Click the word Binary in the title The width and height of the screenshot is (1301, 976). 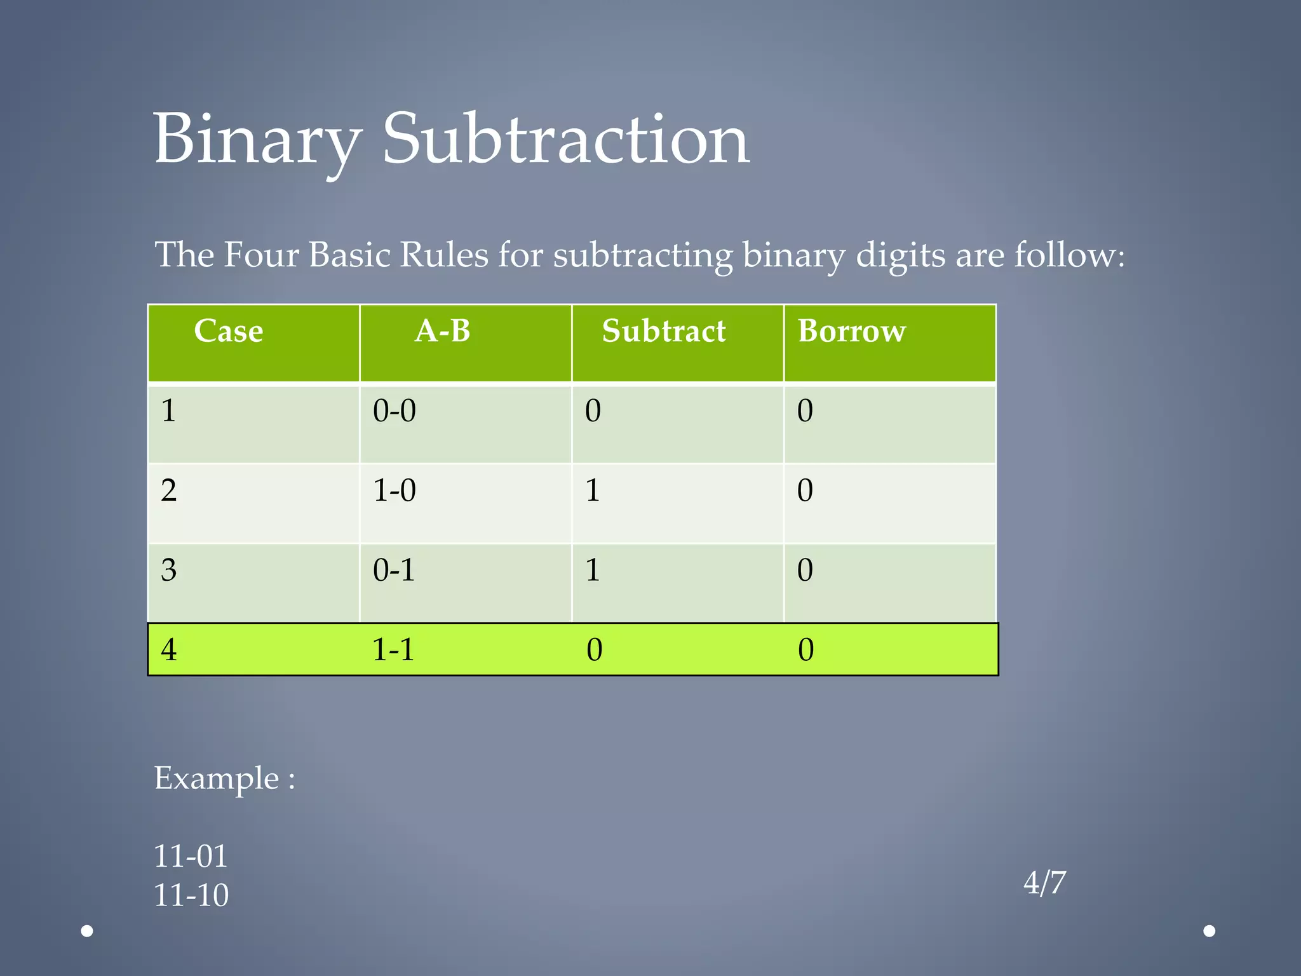[257, 140]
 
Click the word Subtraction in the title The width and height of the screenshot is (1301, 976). [565, 140]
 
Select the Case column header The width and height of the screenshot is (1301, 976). [229, 331]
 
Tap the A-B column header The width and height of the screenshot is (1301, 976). [442, 331]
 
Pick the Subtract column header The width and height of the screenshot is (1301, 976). [664, 331]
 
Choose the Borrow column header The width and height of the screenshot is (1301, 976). [852, 331]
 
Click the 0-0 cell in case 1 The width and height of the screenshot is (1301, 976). [394, 411]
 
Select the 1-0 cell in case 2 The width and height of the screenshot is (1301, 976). [394, 491]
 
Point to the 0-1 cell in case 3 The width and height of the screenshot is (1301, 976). [394, 570]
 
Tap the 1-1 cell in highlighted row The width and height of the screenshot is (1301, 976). [393, 650]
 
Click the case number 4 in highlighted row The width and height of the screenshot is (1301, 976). [169, 650]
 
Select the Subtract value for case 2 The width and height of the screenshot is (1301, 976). [593, 491]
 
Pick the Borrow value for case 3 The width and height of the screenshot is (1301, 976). [805, 570]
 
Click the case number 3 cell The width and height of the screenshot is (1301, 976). [169, 570]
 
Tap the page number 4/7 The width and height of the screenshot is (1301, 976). [1044, 883]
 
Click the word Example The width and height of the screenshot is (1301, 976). [217, 778]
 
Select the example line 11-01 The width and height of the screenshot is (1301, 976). [191, 856]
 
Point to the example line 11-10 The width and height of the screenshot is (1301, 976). [191, 895]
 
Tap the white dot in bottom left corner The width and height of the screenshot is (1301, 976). [88, 931]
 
